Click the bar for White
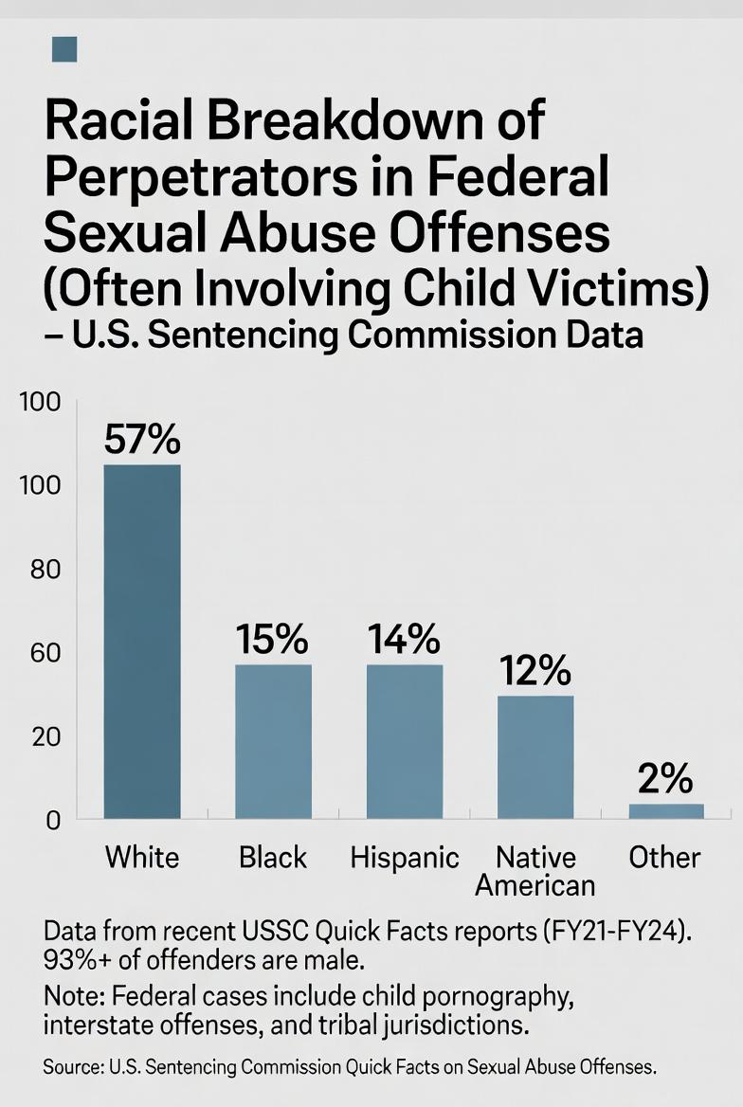pyautogui.click(x=142, y=641)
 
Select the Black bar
pyautogui.click(x=273, y=741)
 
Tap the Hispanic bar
pyautogui.click(x=405, y=741)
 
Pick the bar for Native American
pyautogui.click(x=535, y=756)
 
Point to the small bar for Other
pyautogui.click(x=666, y=811)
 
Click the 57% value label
pyautogui.click(x=142, y=440)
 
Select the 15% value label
pyautogui.click(x=273, y=641)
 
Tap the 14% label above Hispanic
pyautogui.click(x=405, y=641)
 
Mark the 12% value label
pyautogui.click(x=535, y=671)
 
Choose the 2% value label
pyautogui.click(x=666, y=779)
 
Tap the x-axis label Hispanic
pyautogui.click(x=405, y=859)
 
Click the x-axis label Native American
pyautogui.click(x=535, y=871)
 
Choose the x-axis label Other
pyautogui.click(x=665, y=859)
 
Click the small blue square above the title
pyautogui.click(x=64, y=48)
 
